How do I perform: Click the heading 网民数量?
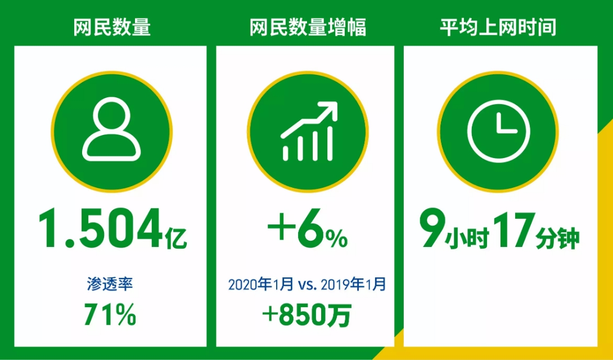111,27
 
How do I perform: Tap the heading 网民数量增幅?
308,27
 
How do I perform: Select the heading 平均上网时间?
498,27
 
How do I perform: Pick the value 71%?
110,314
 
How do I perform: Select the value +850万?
307,316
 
